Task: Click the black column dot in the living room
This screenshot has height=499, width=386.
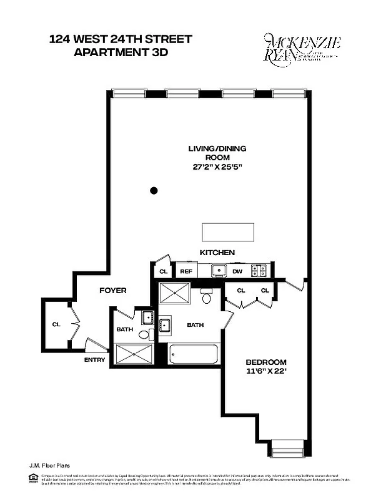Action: pos(154,190)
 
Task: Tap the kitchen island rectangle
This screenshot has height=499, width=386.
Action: pos(229,232)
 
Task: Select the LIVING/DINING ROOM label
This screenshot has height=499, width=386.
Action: pos(217,153)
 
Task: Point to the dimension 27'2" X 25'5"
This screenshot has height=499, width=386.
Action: pos(217,167)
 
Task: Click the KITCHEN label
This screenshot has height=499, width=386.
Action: pos(217,253)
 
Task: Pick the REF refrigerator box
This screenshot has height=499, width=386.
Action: pos(186,271)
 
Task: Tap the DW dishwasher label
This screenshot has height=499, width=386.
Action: pos(237,271)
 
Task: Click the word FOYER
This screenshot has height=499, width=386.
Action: pos(112,291)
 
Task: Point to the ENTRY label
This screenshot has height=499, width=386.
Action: pos(94,359)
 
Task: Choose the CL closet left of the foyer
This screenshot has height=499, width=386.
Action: pos(56,324)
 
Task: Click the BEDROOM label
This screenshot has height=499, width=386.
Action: pos(265,362)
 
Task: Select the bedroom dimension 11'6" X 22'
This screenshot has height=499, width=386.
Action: pos(265,373)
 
